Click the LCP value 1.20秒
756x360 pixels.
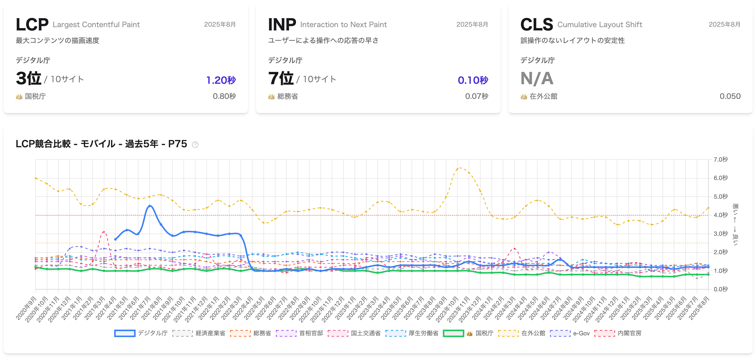point(221,80)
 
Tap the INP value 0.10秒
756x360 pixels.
point(473,80)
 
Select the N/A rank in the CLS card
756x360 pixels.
point(537,78)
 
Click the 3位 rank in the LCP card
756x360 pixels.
point(28,78)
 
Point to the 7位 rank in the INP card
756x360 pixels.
point(281,78)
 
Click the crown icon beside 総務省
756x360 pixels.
point(271,97)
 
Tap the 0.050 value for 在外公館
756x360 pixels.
point(730,96)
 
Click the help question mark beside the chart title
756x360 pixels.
point(195,144)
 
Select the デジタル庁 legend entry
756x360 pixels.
point(141,333)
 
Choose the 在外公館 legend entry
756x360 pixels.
point(522,333)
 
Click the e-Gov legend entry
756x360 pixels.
point(570,333)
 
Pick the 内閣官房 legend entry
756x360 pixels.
point(618,333)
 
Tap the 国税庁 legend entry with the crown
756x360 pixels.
point(468,333)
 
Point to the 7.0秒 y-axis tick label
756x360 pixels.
point(720,159)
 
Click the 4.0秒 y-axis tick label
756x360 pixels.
point(720,215)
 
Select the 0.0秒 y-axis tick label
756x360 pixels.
point(720,289)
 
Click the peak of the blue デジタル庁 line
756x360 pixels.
point(150,206)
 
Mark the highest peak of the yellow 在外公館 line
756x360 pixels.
point(460,168)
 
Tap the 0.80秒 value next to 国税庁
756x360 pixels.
point(224,96)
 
